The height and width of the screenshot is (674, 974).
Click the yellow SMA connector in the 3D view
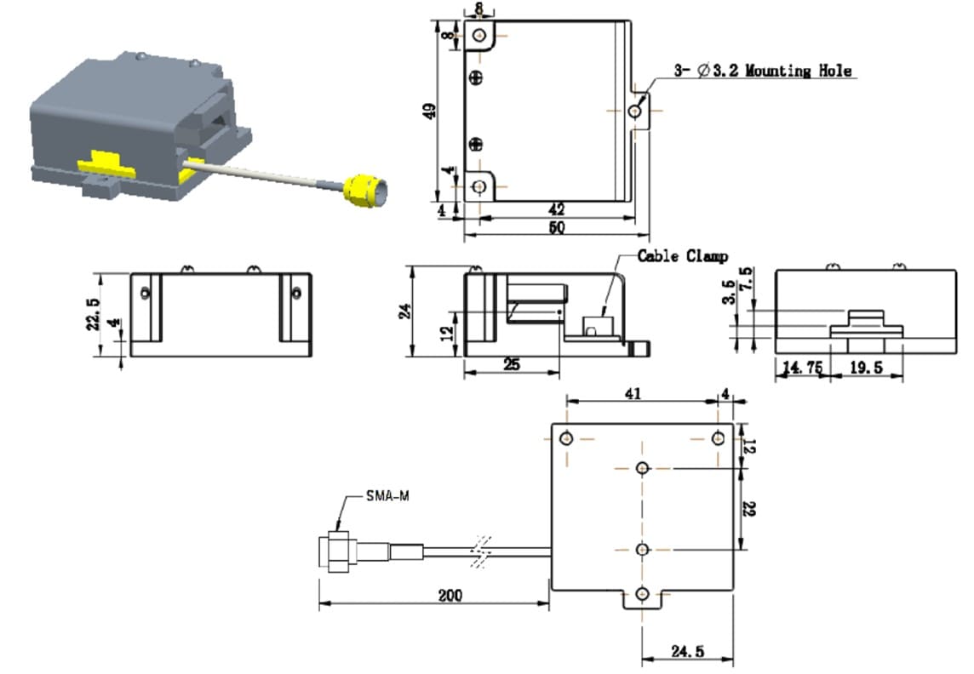coord(363,189)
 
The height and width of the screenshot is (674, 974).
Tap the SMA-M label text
coord(387,496)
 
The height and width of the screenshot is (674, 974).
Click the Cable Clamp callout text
coord(683,256)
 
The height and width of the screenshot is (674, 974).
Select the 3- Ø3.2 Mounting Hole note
coord(763,71)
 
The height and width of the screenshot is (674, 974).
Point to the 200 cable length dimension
coord(450,596)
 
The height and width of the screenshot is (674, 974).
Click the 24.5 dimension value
coord(687,652)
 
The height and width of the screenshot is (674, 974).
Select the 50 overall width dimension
coord(557,228)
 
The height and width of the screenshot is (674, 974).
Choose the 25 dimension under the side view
coord(512,364)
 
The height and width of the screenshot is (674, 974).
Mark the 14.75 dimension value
coord(802,367)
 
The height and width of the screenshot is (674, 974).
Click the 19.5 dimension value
coord(865,367)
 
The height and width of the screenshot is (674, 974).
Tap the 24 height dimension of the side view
coord(406,311)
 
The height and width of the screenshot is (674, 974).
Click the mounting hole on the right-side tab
coord(635,111)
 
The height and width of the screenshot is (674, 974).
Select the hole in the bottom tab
coord(643,593)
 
